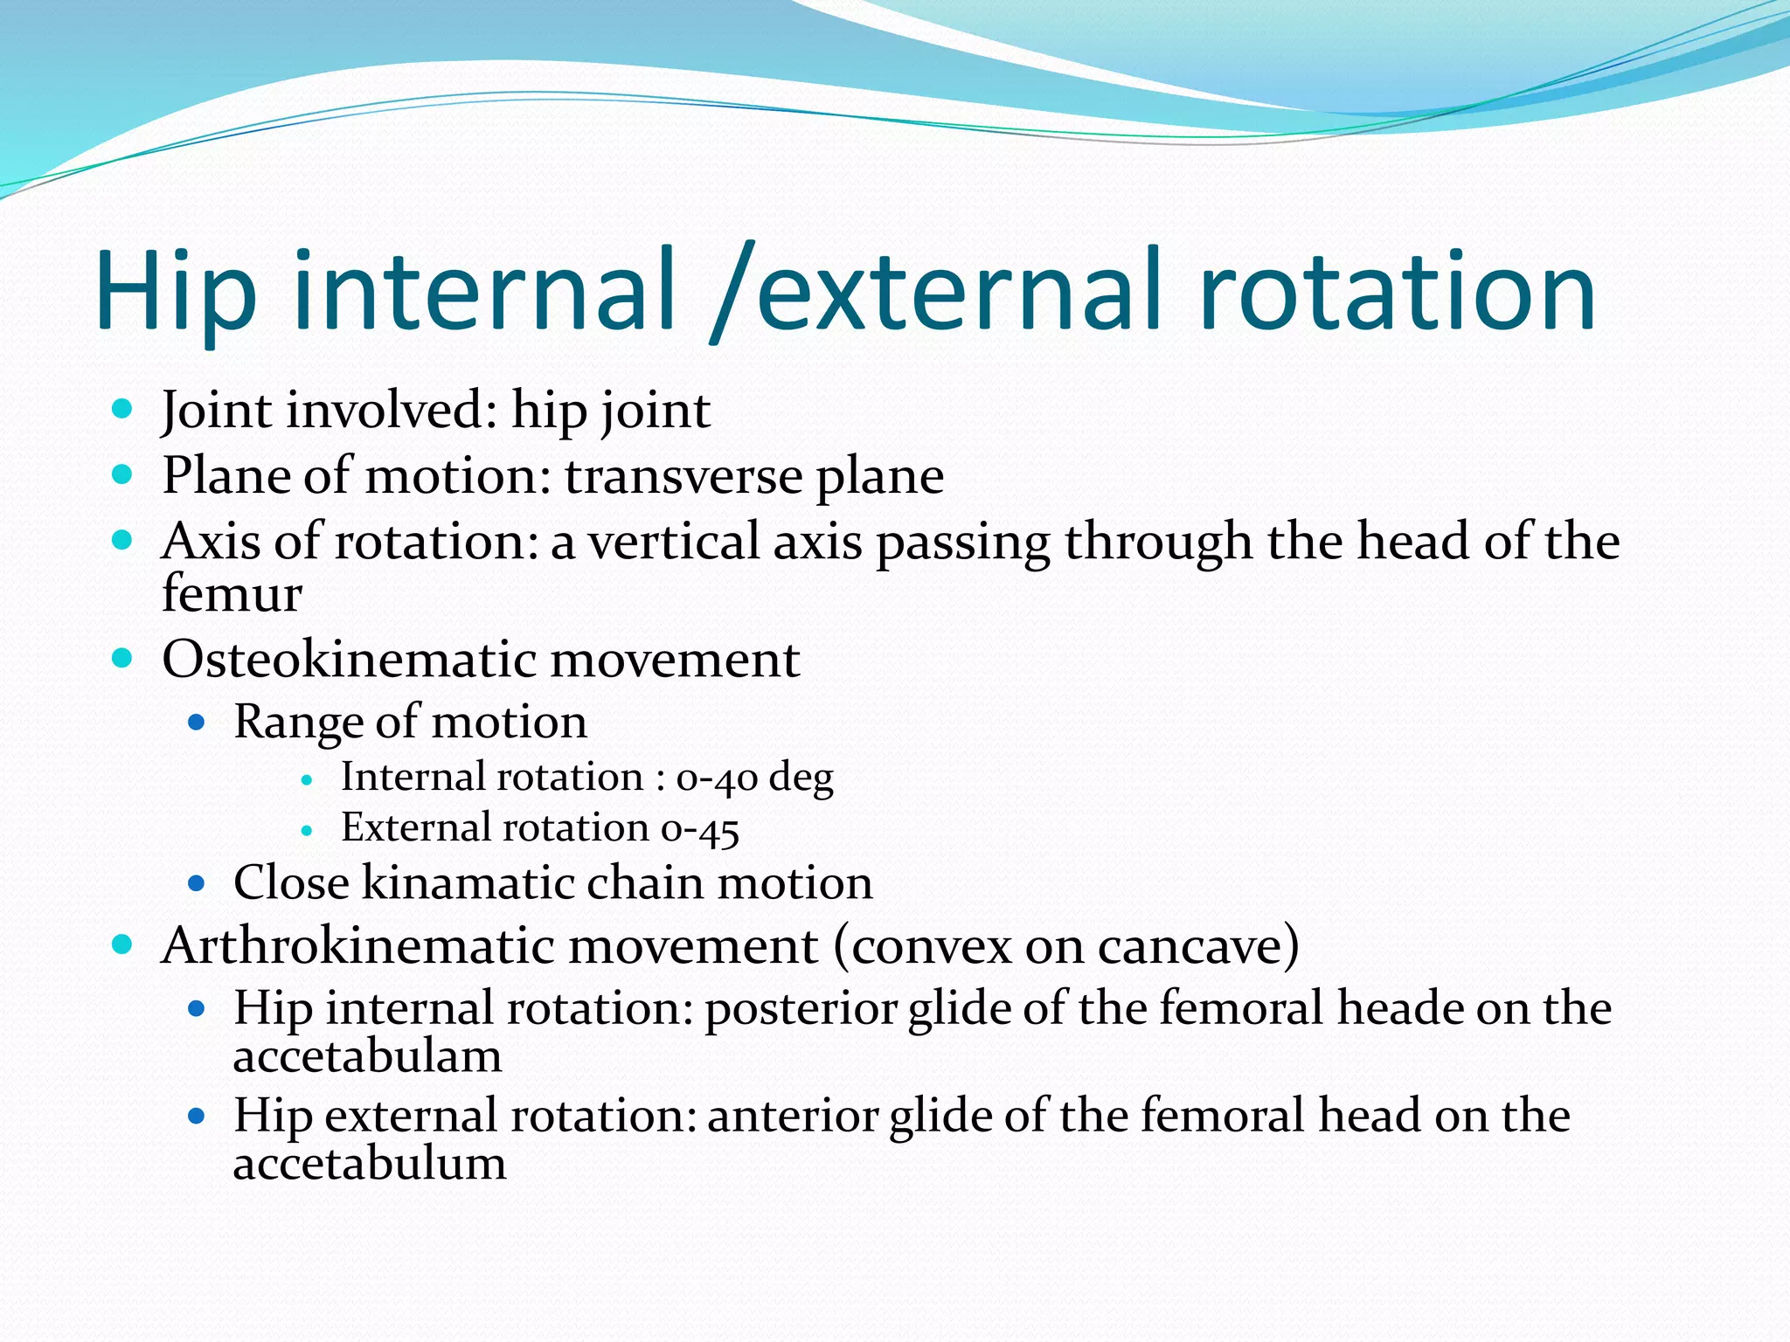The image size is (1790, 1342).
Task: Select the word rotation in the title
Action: click(x=1398, y=292)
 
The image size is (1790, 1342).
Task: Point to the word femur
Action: click(x=232, y=594)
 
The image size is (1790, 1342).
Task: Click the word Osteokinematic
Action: click(x=350, y=660)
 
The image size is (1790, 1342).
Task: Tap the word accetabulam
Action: click(x=367, y=1057)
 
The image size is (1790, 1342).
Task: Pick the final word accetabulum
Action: click(x=369, y=1165)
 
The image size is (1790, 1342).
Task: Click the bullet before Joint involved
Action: click(x=122, y=408)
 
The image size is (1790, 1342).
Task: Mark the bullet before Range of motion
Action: click(x=197, y=723)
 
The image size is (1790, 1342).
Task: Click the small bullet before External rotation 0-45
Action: click(x=306, y=831)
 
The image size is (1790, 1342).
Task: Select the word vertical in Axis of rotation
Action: click(x=673, y=542)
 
